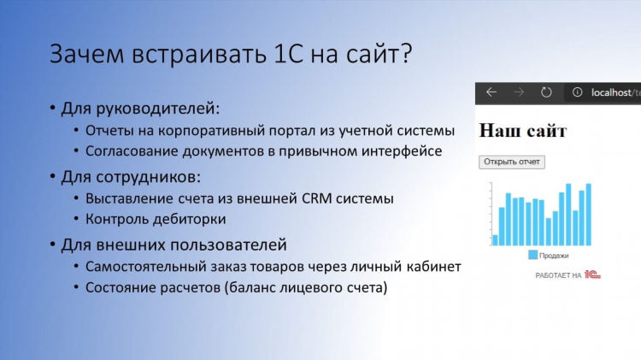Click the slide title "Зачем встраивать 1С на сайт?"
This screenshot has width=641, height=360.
click(231, 54)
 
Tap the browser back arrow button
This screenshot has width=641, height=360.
click(491, 92)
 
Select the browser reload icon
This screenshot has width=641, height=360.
click(546, 92)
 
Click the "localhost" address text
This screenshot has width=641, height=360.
click(611, 93)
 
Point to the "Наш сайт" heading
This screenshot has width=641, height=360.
click(523, 131)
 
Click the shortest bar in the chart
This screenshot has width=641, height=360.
click(495, 240)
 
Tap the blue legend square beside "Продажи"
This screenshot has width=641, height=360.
click(532, 255)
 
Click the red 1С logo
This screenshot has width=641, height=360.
click(592, 274)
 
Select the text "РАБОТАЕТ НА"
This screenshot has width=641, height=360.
click(558, 275)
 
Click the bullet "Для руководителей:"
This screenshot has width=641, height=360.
click(140, 109)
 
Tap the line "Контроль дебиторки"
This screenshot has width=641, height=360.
click(156, 219)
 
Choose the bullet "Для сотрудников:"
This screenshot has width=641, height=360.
click(131, 177)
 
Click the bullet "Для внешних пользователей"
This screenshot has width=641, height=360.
click(173, 245)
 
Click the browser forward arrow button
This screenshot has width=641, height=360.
click(519, 92)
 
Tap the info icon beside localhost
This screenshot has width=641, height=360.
click(577, 92)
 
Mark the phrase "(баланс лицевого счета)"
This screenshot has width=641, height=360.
click(306, 287)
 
